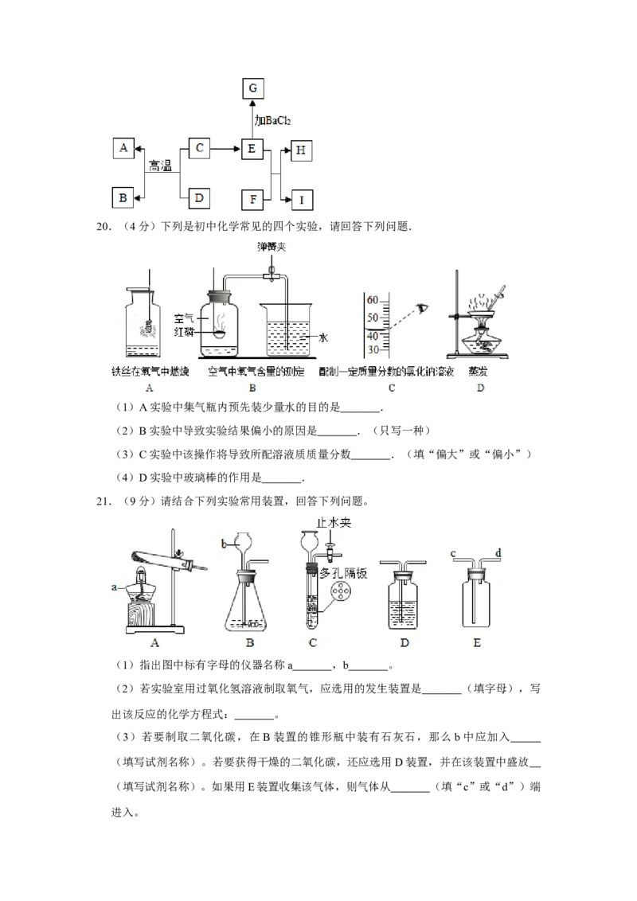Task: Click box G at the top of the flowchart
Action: [x=252, y=88]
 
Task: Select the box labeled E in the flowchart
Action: [x=252, y=149]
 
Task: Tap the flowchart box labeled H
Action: [x=301, y=150]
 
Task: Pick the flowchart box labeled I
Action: [x=302, y=200]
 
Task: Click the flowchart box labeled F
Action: [x=253, y=200]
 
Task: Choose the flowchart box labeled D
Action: [x=199, y=198]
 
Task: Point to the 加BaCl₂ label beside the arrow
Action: [x=272, y=121]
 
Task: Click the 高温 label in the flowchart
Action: [x=160, y=166]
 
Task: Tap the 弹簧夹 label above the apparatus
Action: [x=272, y=247]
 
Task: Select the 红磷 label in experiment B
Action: [x=184, y=332]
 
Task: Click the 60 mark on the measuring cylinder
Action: [x=373, y=300]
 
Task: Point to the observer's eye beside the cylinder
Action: [x=424, y=309]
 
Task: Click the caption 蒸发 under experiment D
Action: [x=478, y=371]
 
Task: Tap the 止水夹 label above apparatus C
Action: [x=334, y=522]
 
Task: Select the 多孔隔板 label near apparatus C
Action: [x=343, y=573]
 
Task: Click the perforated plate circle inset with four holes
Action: [x=341, y=592]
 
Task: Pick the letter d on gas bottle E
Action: [x=498, y=553]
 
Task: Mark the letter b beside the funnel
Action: [x=225, y=543]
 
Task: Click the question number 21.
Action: [x=103, y=501]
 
